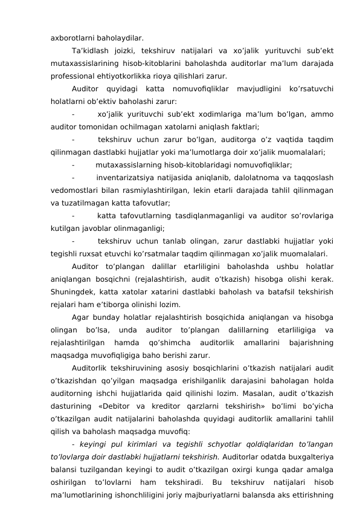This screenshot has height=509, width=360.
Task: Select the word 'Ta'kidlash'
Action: (91, 50)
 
